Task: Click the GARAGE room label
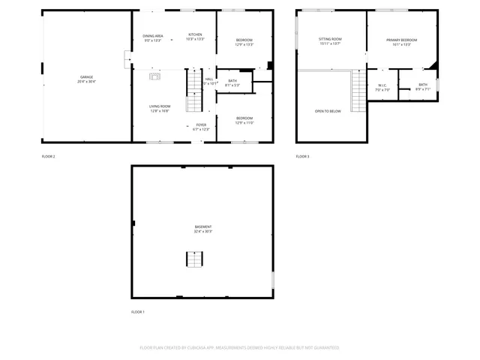pyautogui.click(x=87, y=78)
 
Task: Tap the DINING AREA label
pyautogui.click(x=153, y=37)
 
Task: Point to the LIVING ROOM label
pyautogui.click(x=159, y=108)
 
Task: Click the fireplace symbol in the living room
pyautogui.click(x=155, y=76)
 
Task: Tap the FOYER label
pyautogui.click(x=201, y=127)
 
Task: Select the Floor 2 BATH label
pyautogui.click(x=232, y=82)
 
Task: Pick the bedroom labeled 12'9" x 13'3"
pyautogui.click(x=244, y=42)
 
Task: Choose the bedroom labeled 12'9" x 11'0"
pyautogui.click(x=244, y=120)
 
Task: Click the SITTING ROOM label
pyautogui.click(x=330, y=40)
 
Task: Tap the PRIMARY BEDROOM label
pyautogui.click(x=402, y=40)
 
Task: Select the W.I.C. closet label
pyautogui.click(x=382, y=87)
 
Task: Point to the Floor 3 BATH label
pyautogui.click(x=423, y=87)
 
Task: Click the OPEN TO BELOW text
pyautogui.click(x=328, y=111)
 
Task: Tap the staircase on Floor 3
pyautogui.click(x=359, y=91)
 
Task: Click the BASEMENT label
pyautogui.click(x=202, y=229)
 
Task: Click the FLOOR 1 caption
pyautogui.click(x=138, y=311)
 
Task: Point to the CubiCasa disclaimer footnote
pyautogui.click(x=239, y=348)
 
